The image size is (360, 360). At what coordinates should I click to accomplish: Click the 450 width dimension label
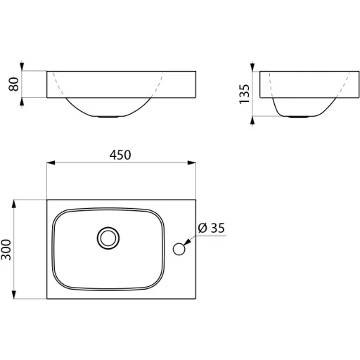pyautogui.click(x=120, y=155)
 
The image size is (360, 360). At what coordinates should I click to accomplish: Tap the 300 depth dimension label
pyautogui.click(x=6, y=250)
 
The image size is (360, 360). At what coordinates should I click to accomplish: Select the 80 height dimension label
pyautogui.click(x=13, y=84)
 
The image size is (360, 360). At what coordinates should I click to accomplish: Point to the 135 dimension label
pyautogui.click(x=244, y=94)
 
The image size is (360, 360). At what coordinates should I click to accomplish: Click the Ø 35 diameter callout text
pyautogui.click(x=212, y=228)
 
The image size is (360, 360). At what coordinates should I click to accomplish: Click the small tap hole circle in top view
pyautogui.click(x=179, y=249)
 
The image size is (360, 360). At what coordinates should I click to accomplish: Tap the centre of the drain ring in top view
pyautogui.click(x=108, y=238)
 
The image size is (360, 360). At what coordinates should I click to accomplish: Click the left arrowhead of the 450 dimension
pyautogui.click(x=51, y=162)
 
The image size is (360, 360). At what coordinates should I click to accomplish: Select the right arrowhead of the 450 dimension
pyautogui.click(x=192, y=162)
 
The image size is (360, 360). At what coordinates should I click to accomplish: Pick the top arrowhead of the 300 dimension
pyautogui.click(x=14, y=204)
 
